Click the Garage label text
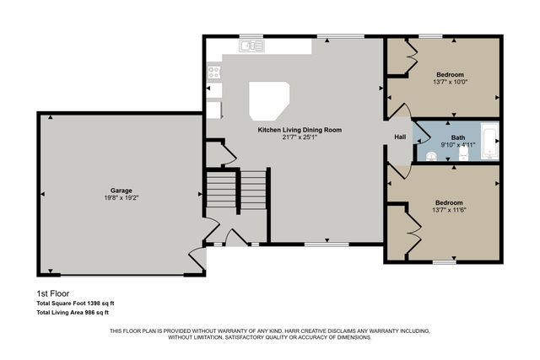tap(120, 191)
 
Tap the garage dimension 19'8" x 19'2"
tap(120, 199)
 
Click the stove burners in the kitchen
tap(213, 73)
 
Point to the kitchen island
tap(269, 100)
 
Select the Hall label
tap(401, 137)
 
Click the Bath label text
tap(458, 137)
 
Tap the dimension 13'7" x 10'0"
tap(448, 82)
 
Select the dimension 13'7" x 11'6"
tap(448, 211)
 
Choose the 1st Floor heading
tap(53, 294)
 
